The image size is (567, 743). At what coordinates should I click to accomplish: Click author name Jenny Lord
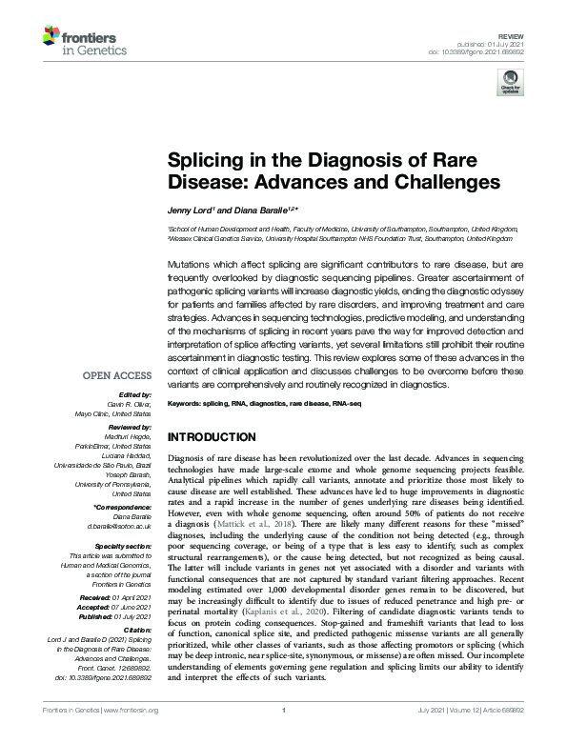pyautogui.click(x=191, y=209)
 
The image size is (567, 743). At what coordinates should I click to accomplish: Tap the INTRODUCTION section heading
pyautogui.click(x=216, y=437)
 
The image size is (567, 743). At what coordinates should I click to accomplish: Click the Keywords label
pyautogui.click(x=188, y=404)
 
